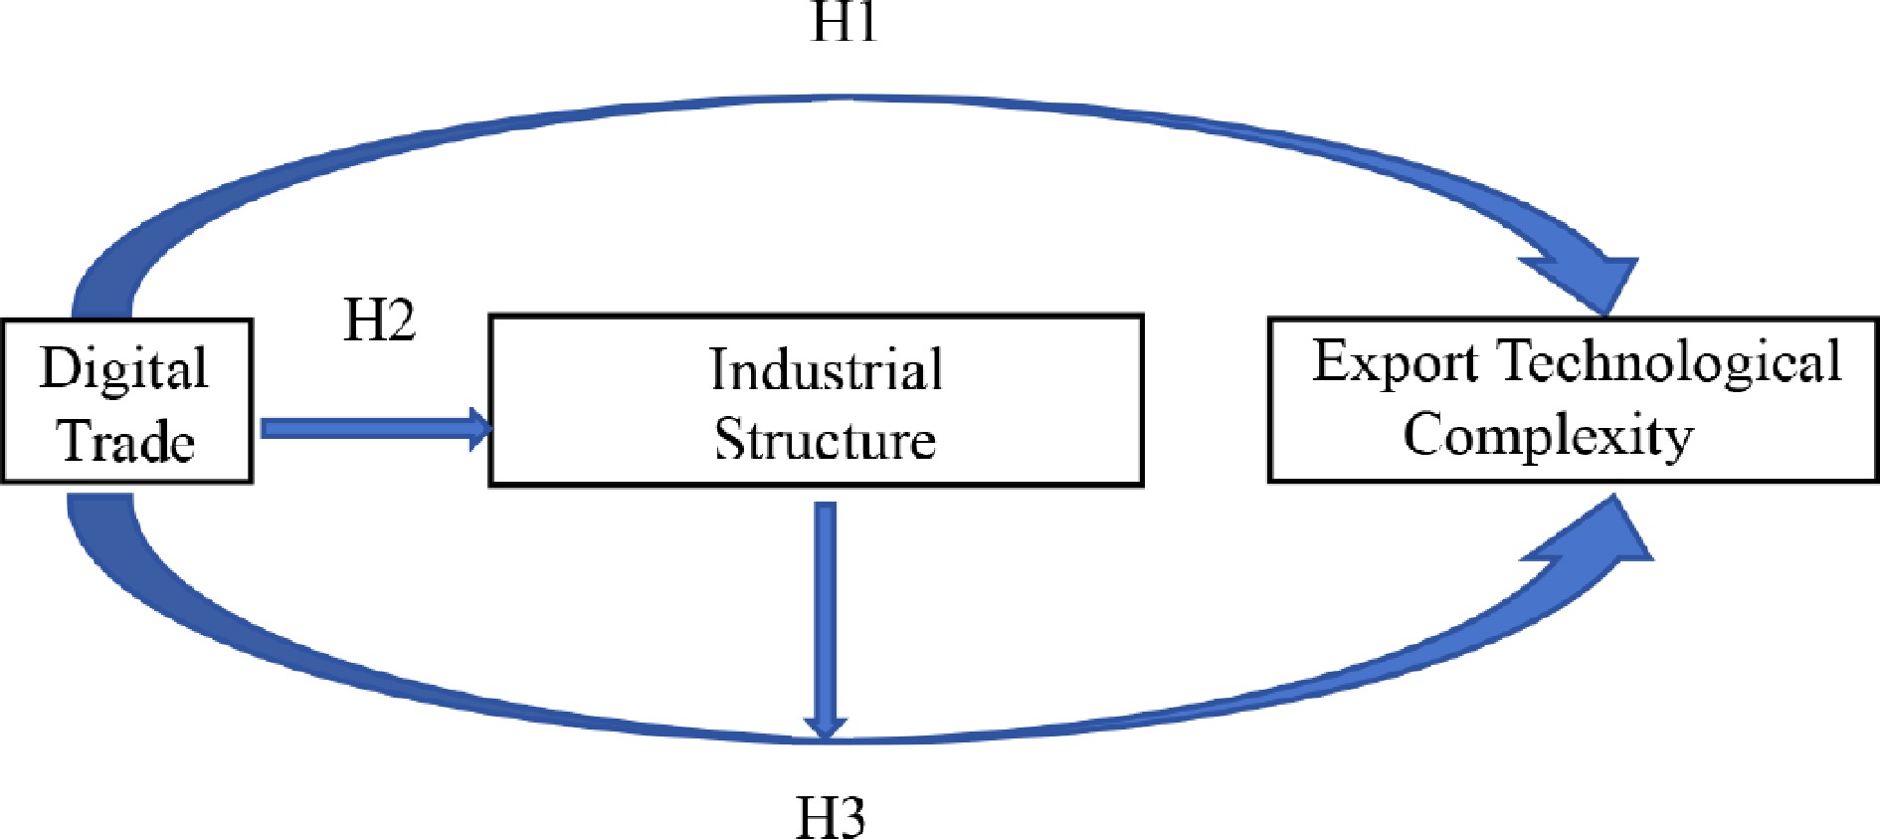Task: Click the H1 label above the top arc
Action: (x=845, y=22)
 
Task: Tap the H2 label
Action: (x=379, y=320)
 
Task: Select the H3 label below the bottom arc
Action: (x=831, y=817)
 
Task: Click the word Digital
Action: (x=124, y=369)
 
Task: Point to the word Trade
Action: (x=127, y=441)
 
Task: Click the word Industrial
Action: (x=826, y=369)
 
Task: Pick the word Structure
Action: (x=826, y=439)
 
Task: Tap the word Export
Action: (x=1395, y=361)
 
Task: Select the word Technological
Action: (x=1671, y=361)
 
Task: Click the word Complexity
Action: (x=1548, y=435)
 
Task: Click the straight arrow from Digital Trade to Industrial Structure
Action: (x=368, y=428)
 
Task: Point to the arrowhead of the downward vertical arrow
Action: (x=825, y=726)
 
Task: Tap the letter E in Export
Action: (x=1331, y=360)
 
